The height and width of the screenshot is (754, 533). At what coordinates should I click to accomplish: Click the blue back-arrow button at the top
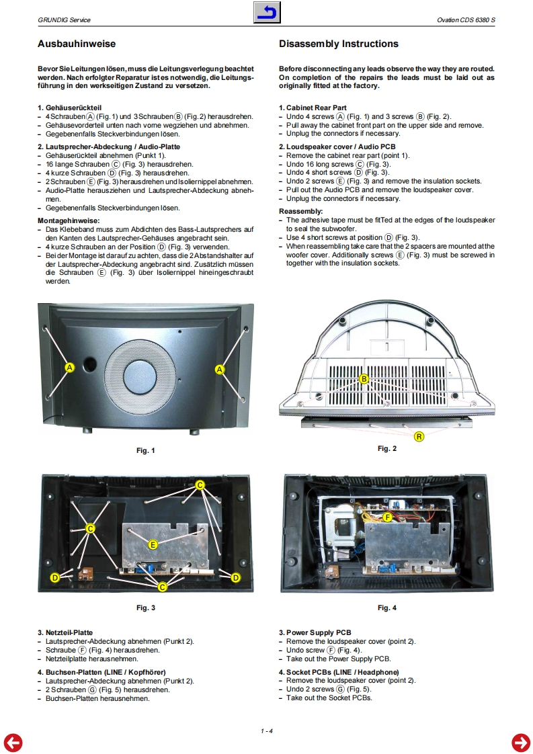267,13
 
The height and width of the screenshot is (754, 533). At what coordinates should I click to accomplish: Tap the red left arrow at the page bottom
13,742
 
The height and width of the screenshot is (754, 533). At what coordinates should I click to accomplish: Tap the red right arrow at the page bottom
520,742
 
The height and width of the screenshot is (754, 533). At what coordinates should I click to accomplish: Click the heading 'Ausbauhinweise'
77,44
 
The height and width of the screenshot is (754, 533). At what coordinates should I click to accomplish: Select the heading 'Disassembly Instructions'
338,44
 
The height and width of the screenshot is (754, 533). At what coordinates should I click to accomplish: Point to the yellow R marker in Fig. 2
419,437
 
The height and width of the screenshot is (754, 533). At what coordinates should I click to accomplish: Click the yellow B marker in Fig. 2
364,379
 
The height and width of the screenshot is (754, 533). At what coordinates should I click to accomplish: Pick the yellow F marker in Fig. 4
387,517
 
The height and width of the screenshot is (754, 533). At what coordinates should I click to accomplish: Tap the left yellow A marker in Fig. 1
69,368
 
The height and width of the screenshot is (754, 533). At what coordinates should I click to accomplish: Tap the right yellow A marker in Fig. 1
220,369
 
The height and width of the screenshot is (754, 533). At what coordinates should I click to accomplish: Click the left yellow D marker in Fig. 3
55,577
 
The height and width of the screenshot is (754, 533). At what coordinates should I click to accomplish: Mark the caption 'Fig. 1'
145,450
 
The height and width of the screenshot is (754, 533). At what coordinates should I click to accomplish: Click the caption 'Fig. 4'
386,608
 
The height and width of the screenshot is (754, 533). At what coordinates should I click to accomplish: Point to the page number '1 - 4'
267,730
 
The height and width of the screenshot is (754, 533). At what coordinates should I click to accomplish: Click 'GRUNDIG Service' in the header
64,20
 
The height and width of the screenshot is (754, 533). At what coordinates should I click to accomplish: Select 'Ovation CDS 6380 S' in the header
466,20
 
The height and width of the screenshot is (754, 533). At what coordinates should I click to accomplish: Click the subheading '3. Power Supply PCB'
315,632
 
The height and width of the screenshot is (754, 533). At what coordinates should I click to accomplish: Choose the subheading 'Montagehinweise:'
69,220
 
